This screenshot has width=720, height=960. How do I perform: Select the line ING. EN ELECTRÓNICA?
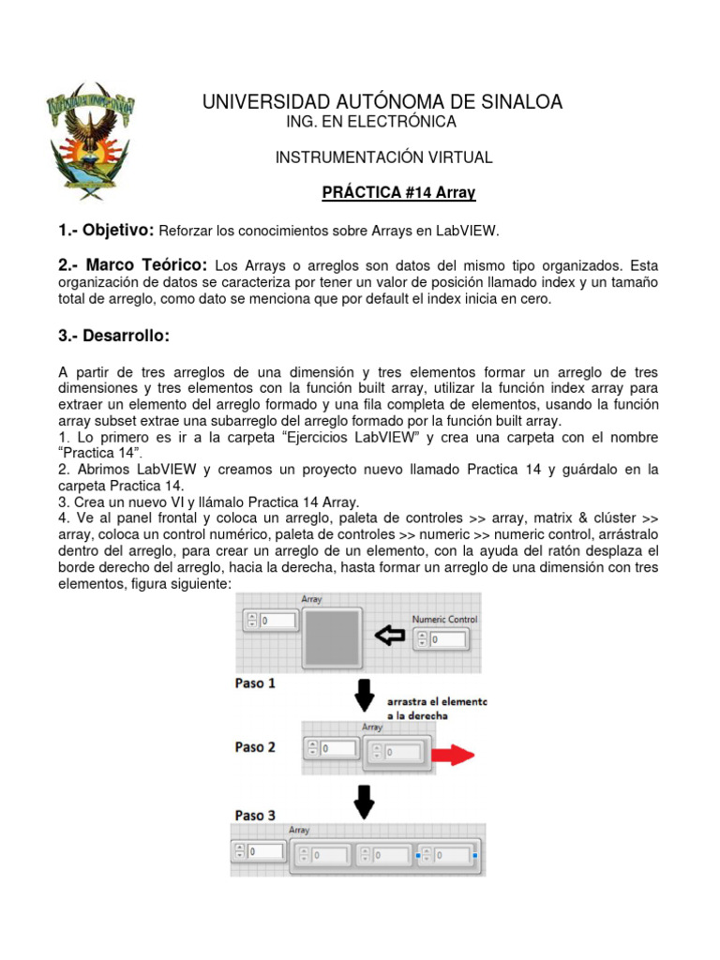point(370,122)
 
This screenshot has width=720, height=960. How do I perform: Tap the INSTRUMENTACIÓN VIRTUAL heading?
point(383,157)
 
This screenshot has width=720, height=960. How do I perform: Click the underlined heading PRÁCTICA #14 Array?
point(398,193)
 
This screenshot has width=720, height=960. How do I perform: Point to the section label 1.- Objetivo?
point(105,230)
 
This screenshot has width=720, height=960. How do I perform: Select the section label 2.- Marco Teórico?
point(132,266)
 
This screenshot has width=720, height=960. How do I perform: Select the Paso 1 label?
point(255,683)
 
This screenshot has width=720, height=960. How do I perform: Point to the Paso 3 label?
point(255,815)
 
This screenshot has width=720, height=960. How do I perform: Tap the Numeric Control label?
point(445,620)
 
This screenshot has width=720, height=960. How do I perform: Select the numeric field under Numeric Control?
point(446,639)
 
